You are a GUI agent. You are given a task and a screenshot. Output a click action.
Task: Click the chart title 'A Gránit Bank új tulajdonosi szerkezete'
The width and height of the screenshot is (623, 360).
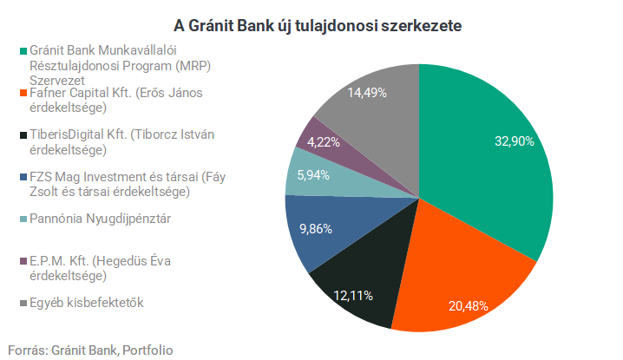pos(318,26)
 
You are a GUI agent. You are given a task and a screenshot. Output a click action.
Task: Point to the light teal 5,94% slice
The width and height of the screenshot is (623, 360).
pos(318,177)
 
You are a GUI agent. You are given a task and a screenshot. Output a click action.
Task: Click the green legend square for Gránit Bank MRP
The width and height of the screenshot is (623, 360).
pos(23,51)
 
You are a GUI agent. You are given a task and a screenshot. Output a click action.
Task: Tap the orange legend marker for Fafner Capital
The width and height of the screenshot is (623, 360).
pos(23,93)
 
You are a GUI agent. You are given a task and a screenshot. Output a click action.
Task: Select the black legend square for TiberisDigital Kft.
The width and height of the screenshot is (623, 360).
pos(23,135)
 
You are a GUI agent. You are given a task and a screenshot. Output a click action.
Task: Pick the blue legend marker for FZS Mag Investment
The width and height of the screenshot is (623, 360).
pos(23,177)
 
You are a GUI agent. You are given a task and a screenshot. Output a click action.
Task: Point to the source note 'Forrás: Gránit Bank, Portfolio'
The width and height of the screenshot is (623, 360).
pos(90,350)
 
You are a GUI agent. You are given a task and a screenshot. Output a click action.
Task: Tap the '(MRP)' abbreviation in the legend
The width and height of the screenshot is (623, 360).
pos(193,66)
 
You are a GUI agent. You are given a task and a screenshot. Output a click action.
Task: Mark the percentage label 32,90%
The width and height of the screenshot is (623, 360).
pos(515,141)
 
